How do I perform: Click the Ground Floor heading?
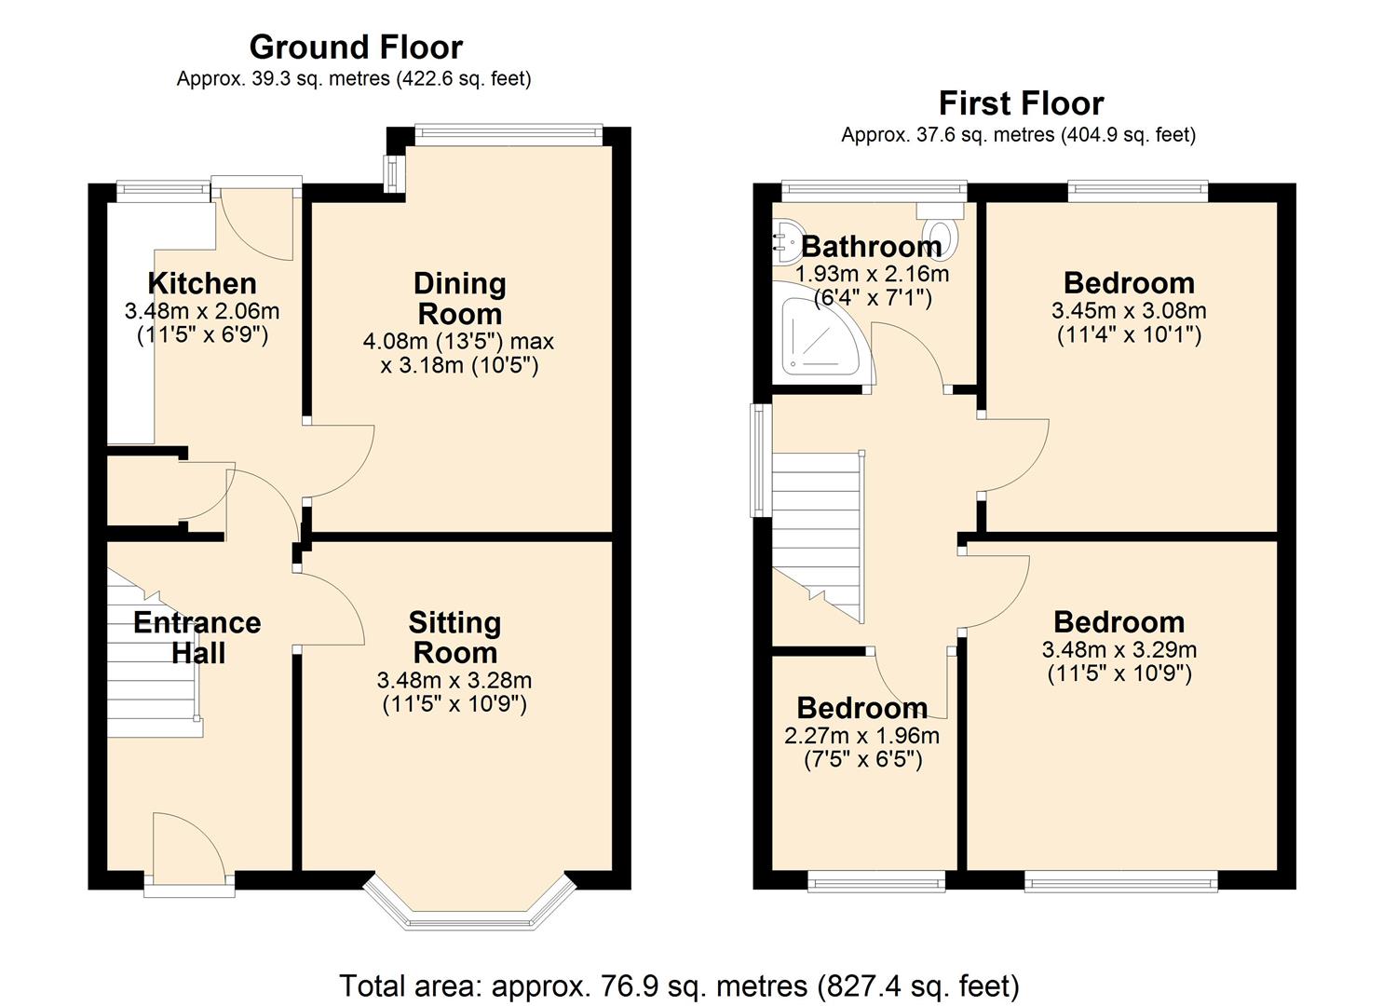click(x=355, y=47)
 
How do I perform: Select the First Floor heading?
click(x=1020, y=102)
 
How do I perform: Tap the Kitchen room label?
click(x=201, y=283)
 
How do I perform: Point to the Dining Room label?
click(x=459, y=298)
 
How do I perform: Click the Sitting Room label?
click(x=454, y=637)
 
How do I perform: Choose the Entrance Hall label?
click(x=197, y=637)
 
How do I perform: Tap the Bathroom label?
click(x=871, y=246)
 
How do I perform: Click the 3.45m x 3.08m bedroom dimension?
click(x=1128, y=311)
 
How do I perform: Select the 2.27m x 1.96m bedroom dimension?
click(x=861, y=736)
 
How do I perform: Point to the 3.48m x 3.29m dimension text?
click(x=1119, y=650)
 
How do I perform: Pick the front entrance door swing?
click(x=186, y=848)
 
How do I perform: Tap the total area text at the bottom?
click(x=679, y=986)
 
